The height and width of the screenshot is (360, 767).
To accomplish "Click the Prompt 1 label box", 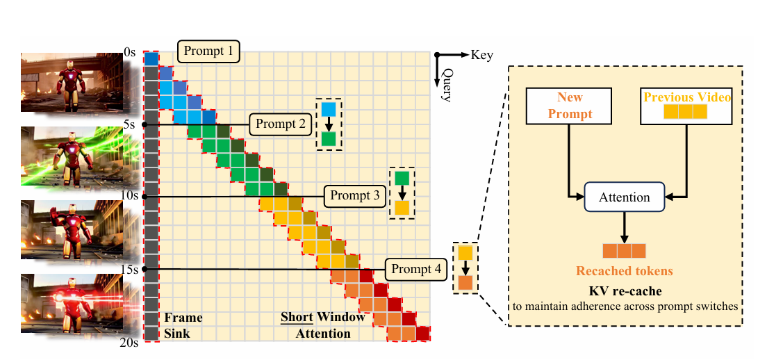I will point(209,51).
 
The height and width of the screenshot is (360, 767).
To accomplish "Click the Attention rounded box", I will point(625,197).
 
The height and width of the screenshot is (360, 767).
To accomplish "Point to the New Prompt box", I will point(570,106).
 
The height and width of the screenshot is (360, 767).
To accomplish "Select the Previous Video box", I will point(687,106).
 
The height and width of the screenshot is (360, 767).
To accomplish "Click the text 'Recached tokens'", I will point(624,271).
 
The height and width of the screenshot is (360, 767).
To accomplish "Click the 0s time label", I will point(129,52).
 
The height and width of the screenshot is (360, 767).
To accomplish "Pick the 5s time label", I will point(129,124).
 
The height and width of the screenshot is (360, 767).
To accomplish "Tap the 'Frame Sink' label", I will point(183,326).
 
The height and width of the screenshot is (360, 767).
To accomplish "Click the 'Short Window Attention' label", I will point(322,326).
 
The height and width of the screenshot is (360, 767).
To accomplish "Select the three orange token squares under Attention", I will point(624,251).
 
